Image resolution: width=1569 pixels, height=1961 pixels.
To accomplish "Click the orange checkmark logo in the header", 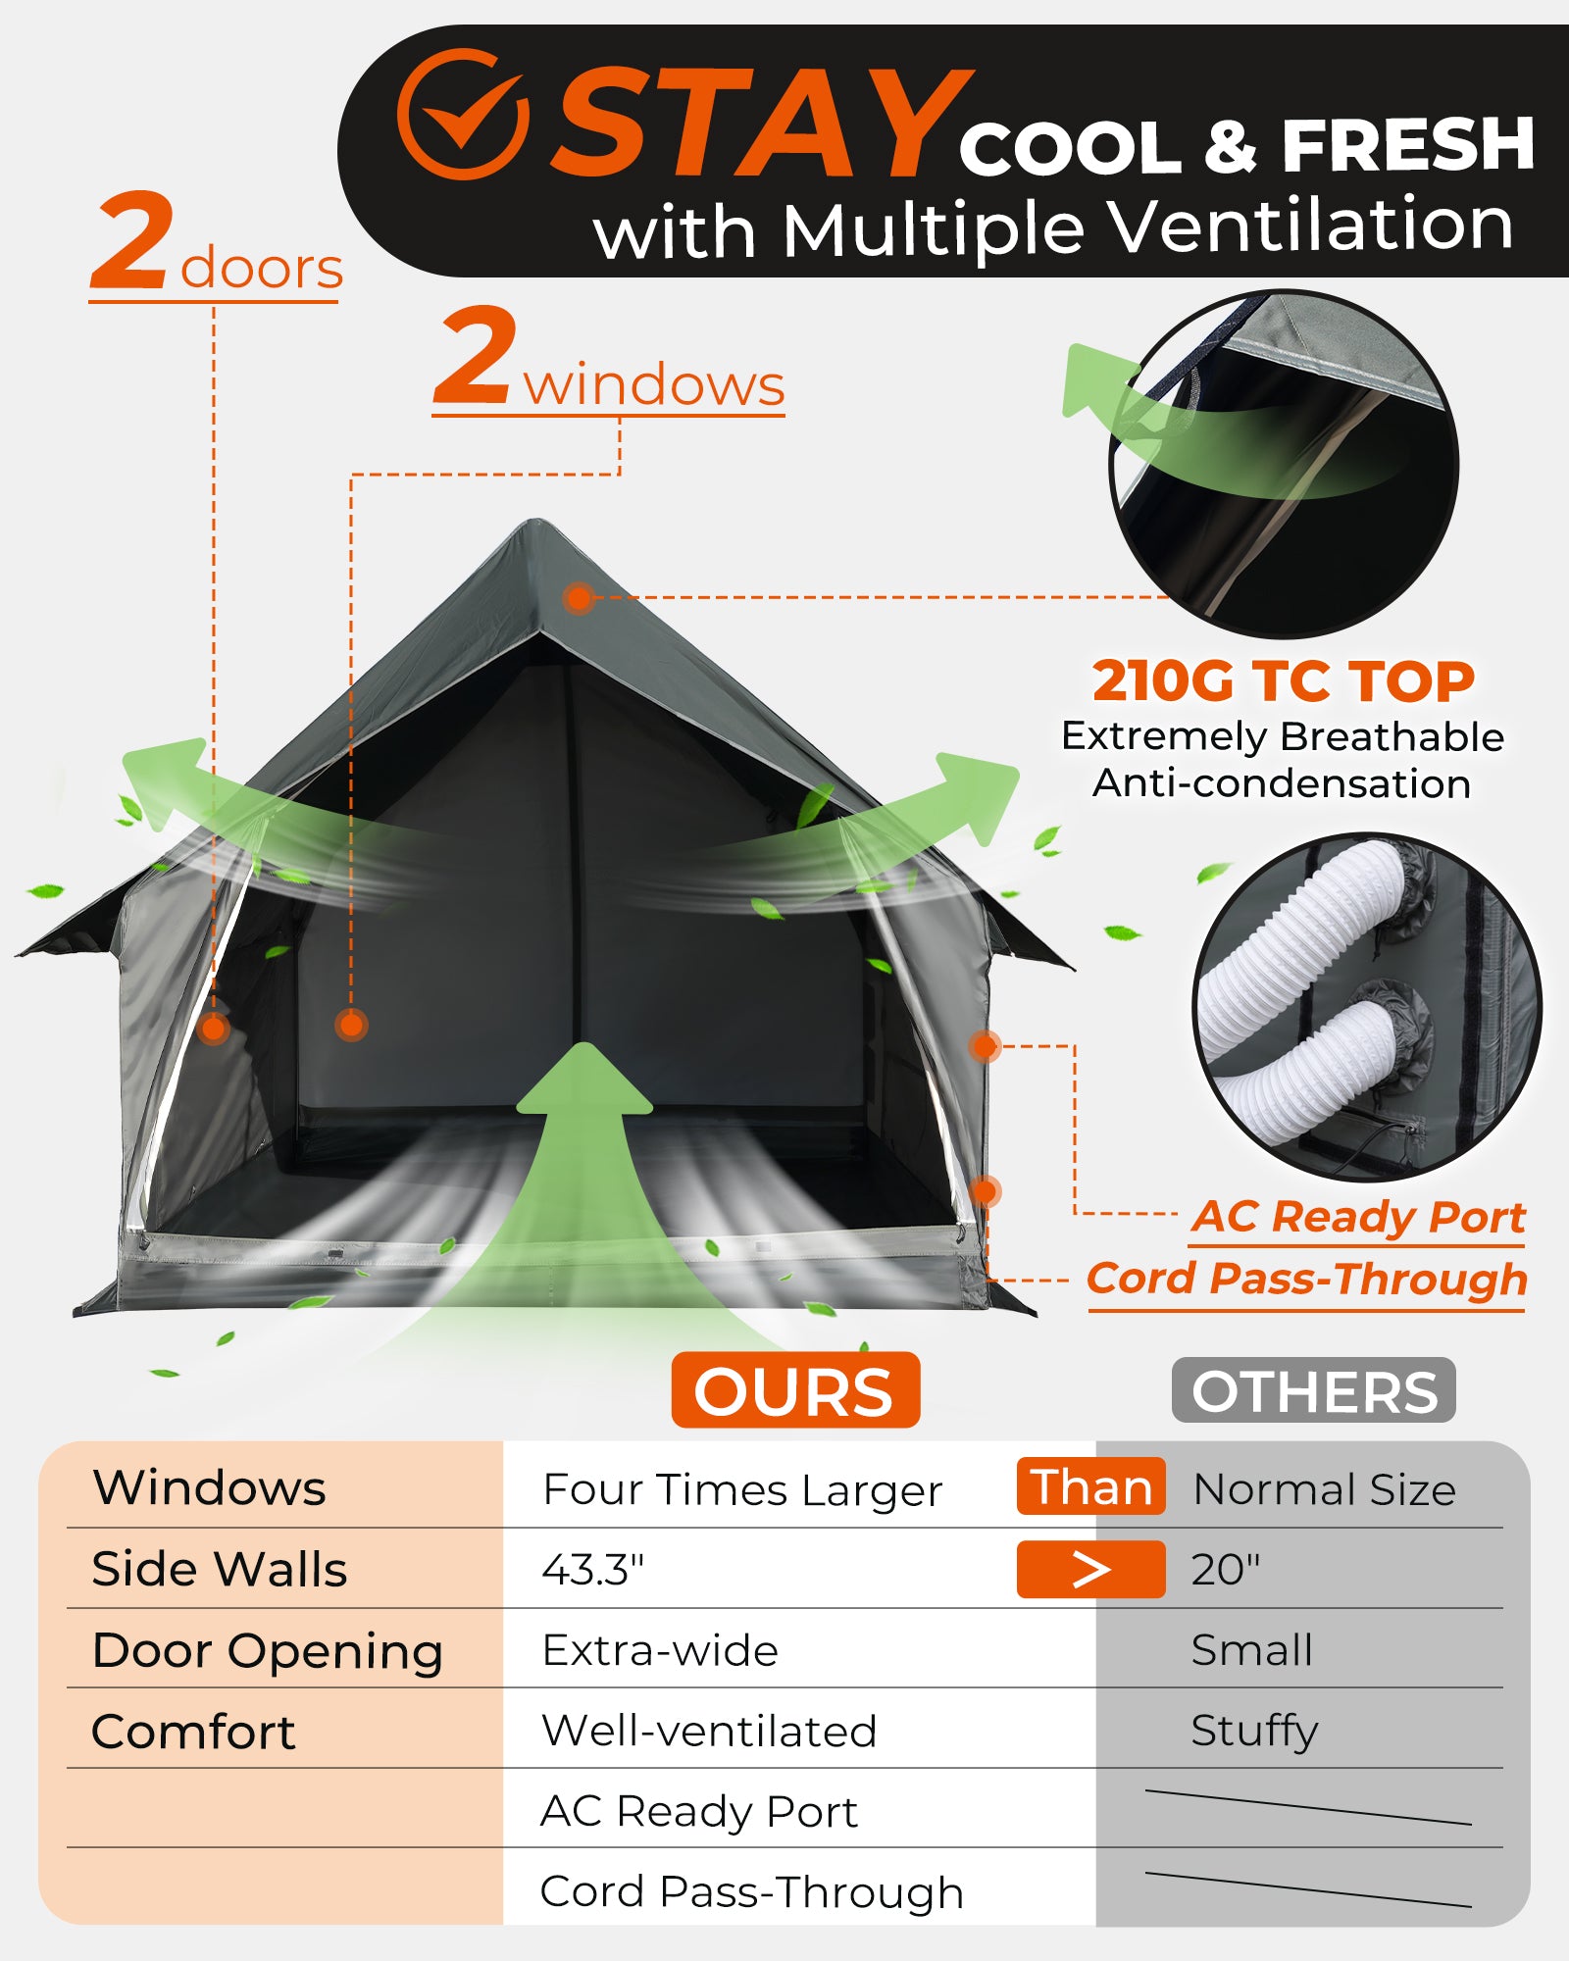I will [462, 115].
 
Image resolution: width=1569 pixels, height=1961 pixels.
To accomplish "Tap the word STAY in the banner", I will [760, 125].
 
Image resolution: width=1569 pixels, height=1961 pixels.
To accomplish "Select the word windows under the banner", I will [654, 384].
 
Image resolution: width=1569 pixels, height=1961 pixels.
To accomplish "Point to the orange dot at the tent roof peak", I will [579, 597].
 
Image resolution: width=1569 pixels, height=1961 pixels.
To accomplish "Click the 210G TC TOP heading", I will [1283, 680].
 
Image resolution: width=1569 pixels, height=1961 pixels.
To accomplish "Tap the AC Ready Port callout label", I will [1358, 1217].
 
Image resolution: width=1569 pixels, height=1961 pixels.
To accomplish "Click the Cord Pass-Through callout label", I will [1306, 1279].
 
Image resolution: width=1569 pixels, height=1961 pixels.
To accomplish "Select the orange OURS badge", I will [794, 1390].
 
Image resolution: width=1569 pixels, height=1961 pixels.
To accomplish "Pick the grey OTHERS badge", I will [1313, 1390].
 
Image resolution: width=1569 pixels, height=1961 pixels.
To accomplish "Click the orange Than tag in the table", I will [1090, 1486].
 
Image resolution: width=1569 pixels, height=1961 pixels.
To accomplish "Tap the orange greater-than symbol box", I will [1090, 1569].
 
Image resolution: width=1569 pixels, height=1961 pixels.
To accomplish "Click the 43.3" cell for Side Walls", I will [593, 1570].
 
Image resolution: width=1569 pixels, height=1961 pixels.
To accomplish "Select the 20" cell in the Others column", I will [1225, 1570].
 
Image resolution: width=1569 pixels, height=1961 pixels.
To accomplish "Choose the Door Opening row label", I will [267, 1651].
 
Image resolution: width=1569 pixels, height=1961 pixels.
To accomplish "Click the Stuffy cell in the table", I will [1254, 1731].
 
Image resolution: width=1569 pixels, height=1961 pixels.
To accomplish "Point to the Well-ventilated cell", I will [709, 1731].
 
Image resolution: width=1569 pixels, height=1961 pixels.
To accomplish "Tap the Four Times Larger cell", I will [742, 1489].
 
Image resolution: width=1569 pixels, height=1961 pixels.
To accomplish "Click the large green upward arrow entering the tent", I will [584, 1157].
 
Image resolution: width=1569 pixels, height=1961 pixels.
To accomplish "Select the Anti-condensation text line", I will [1282, 783].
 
